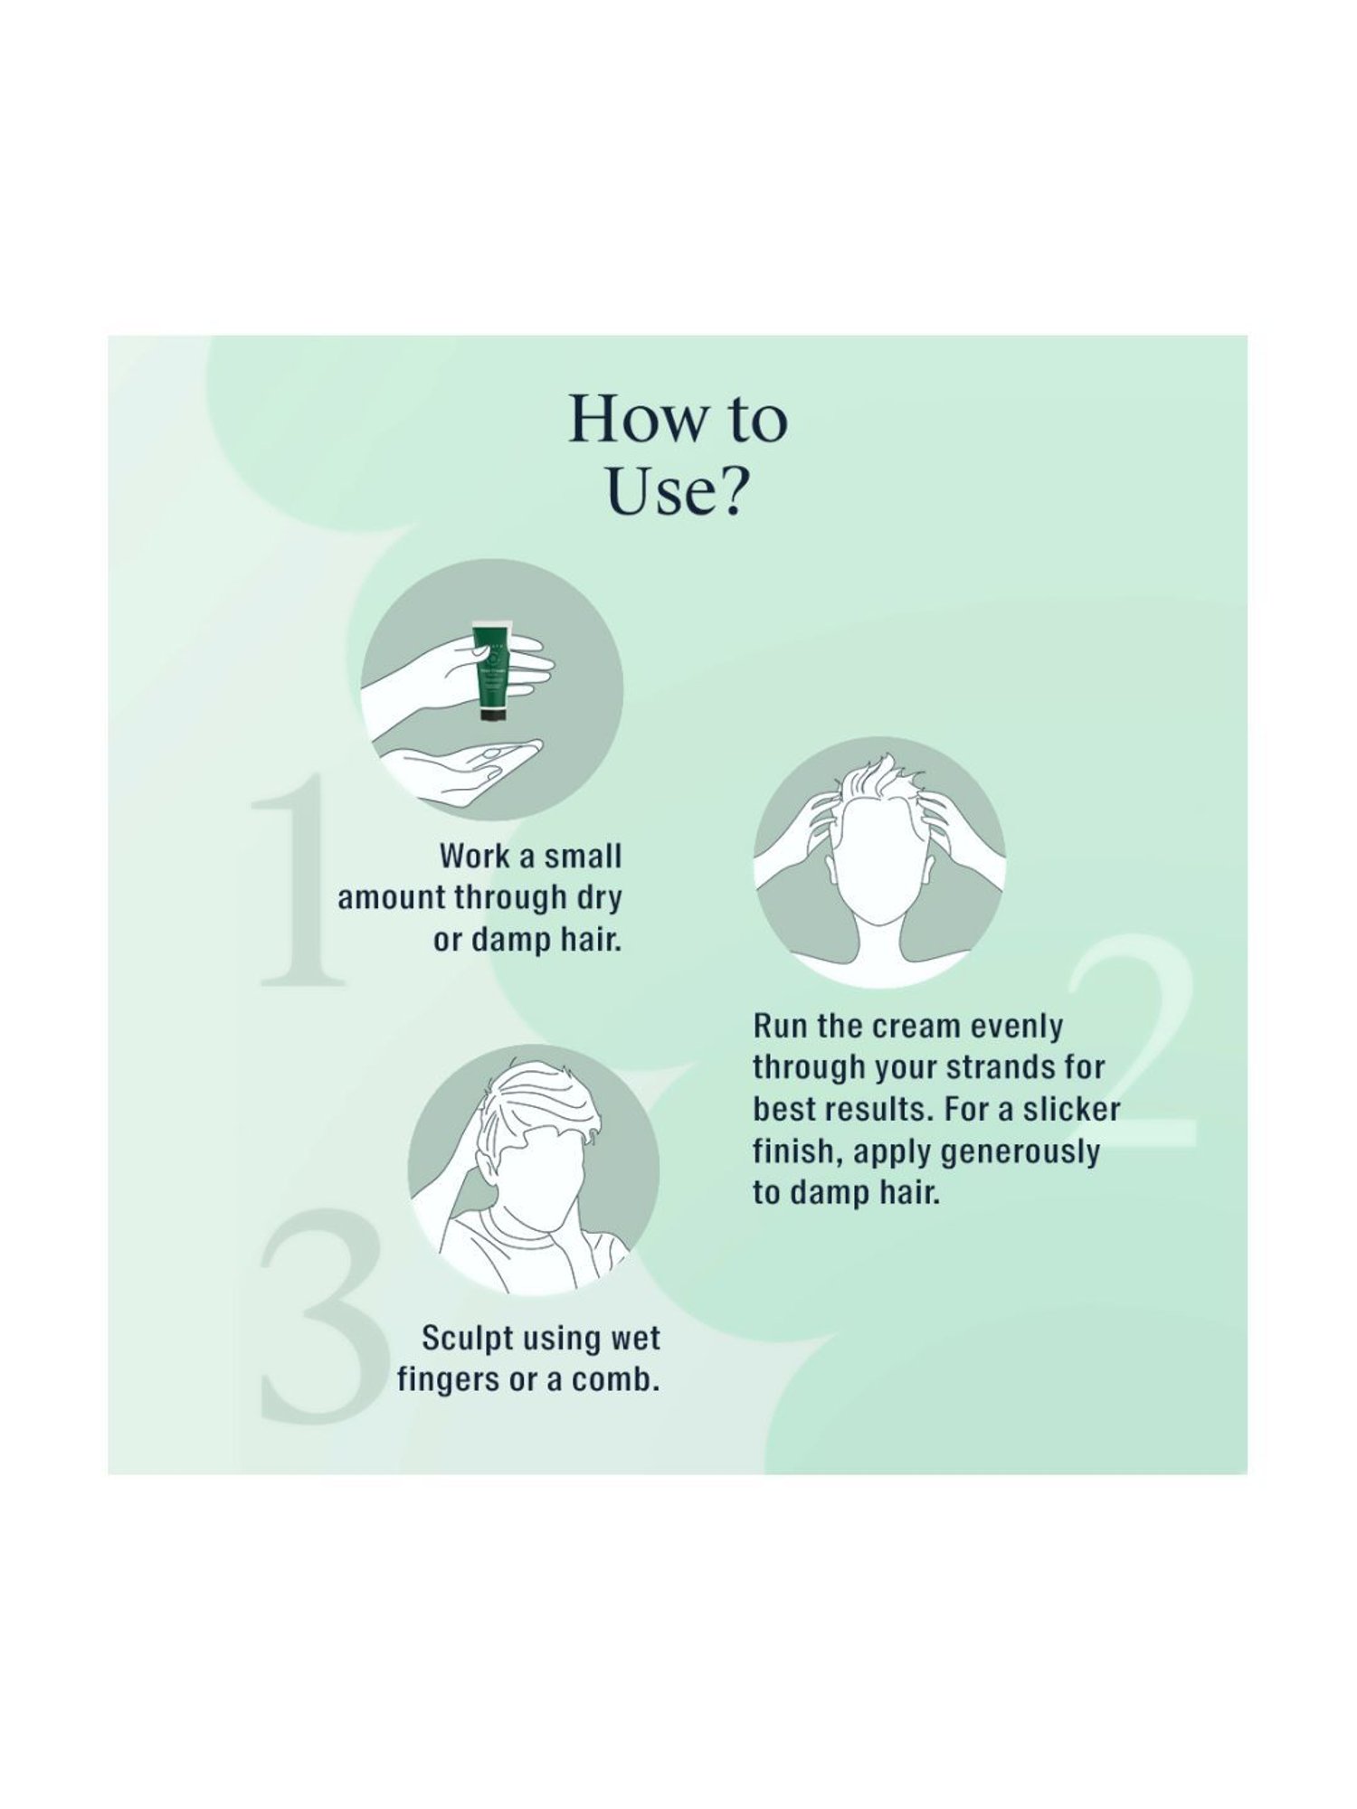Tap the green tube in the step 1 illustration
click(x=494, y=665)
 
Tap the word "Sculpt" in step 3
click(x=467, y=1339)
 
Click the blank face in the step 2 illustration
click(x=878, y=873)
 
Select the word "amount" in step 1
click(x=392, y=898)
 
